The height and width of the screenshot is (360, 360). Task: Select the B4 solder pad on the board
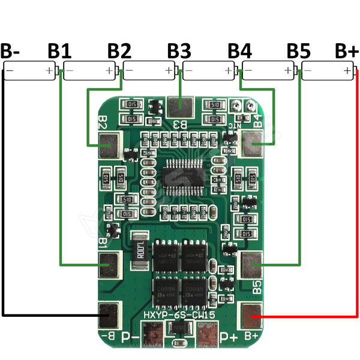pyautogui.click(x=252, y=143)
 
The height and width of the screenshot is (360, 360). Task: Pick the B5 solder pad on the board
pyautogui.click(x=251, y=262)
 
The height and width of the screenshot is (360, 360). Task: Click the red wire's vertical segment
pyautogui.click(x=358, y=192)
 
